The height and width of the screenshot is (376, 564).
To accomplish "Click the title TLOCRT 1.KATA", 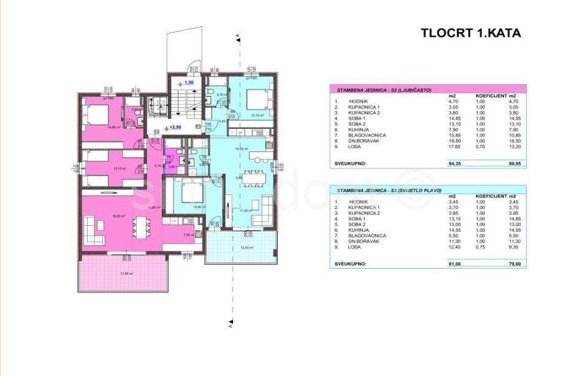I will (470, 33).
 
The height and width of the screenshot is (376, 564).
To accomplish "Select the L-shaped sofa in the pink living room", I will (92, 232).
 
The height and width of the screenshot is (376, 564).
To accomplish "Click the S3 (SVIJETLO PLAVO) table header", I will (389, 191).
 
